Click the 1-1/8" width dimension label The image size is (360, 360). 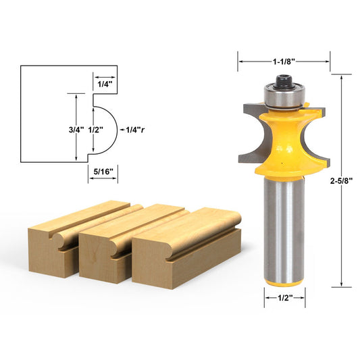283,61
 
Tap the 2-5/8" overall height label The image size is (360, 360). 343,181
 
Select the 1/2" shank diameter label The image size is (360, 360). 284,297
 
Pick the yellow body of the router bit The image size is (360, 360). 284,145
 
